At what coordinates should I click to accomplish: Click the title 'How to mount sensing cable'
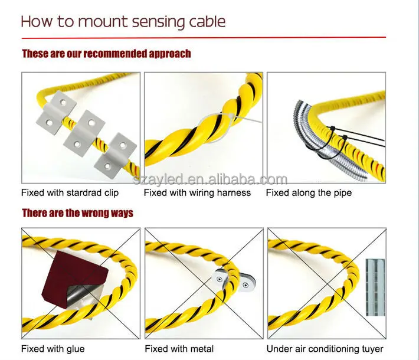(123, 22)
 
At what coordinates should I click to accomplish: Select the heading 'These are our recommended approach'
(106, 54)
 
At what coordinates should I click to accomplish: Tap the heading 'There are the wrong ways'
(77, 212)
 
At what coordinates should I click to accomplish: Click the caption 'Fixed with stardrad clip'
(70, 193)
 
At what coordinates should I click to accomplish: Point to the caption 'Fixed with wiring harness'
(198, 193)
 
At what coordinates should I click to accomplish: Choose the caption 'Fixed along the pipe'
(309, 193)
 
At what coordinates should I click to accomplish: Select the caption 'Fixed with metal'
(179, 349)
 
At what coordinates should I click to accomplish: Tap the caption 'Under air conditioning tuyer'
(325, 349)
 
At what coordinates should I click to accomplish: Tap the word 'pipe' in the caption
(342, 193)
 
